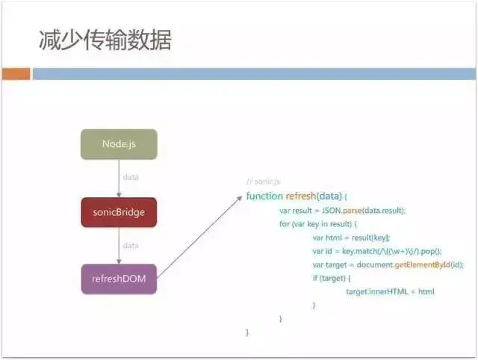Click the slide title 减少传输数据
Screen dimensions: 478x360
(x=105, y=40)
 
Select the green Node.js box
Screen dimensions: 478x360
(x=119, y=144)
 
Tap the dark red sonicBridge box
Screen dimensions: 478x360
(x=119, y=212)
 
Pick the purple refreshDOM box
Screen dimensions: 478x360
(x=119, y=279)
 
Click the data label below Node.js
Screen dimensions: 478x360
(x=131, y=178)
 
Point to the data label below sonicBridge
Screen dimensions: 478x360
(x=131, y=246)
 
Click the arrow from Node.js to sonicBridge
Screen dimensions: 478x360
(x=119, y=179)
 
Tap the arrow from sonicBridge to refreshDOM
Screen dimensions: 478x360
(x=119, y=246)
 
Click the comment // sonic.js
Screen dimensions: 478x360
(x=264, y=181)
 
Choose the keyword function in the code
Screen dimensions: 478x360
(x=264, y=196)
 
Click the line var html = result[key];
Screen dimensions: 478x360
(x=351, y=238)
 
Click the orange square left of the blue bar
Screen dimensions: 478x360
(x=16, y=74)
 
